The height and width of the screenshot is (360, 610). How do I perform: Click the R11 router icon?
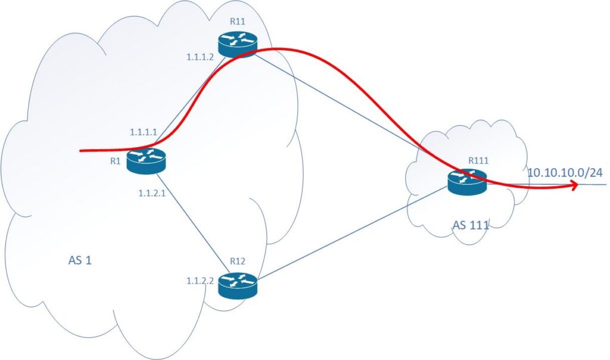click(x=237, y=45)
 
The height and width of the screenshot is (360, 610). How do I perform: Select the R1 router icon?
click(x=145, y=161)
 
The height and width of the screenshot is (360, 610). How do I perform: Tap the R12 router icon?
click(x=236, y=286)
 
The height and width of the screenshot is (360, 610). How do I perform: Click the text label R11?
click(x=238, y=22)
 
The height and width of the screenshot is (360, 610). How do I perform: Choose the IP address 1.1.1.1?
click(x=143, y=132)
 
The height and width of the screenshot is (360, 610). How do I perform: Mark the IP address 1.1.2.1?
click(x=150, y=193)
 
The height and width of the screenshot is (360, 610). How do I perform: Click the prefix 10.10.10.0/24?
click(x=565, y=173)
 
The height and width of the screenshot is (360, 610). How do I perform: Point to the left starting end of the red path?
click(x=82, y=151)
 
